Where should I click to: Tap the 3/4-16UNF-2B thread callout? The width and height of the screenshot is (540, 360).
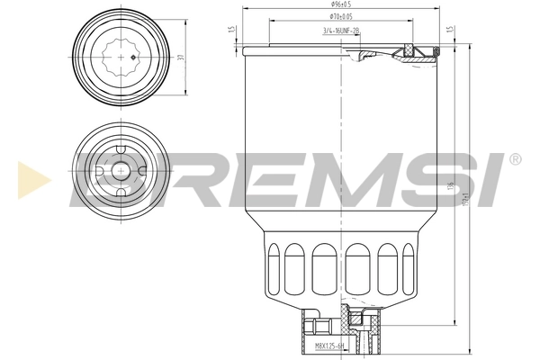point(340,30)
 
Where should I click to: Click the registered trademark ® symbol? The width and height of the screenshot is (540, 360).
point(514,159)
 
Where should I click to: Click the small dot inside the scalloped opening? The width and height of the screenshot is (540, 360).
point(133,58)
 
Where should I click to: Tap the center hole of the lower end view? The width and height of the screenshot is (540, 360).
point(118,170)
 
